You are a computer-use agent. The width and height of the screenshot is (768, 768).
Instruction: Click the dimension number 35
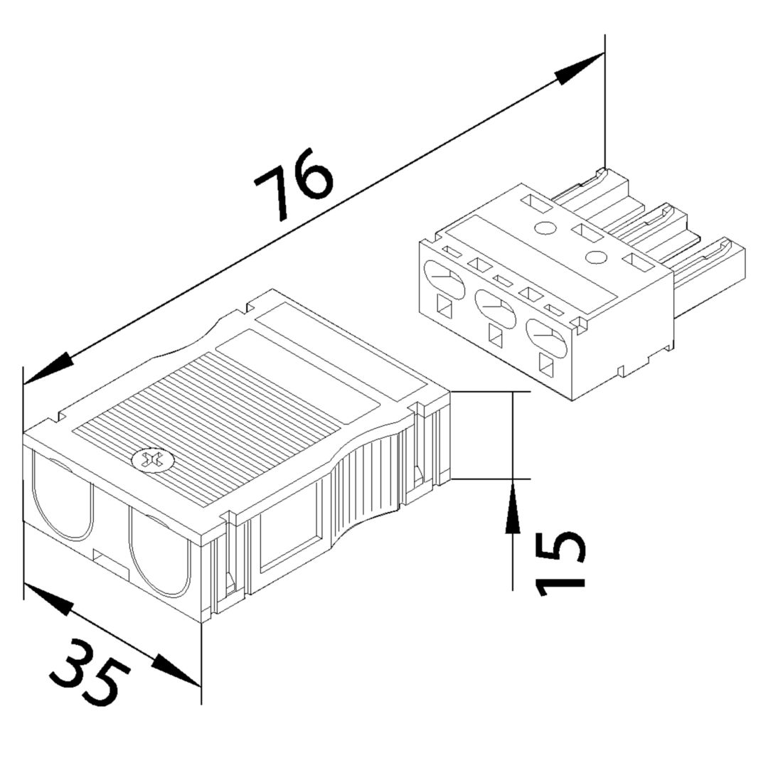click(90, 672)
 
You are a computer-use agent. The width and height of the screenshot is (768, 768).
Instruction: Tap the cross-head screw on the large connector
click(151, 460)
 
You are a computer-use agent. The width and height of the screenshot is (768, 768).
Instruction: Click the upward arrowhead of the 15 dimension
click(512, 506)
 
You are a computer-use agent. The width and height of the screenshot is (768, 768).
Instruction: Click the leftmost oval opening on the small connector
click(444, 279)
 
